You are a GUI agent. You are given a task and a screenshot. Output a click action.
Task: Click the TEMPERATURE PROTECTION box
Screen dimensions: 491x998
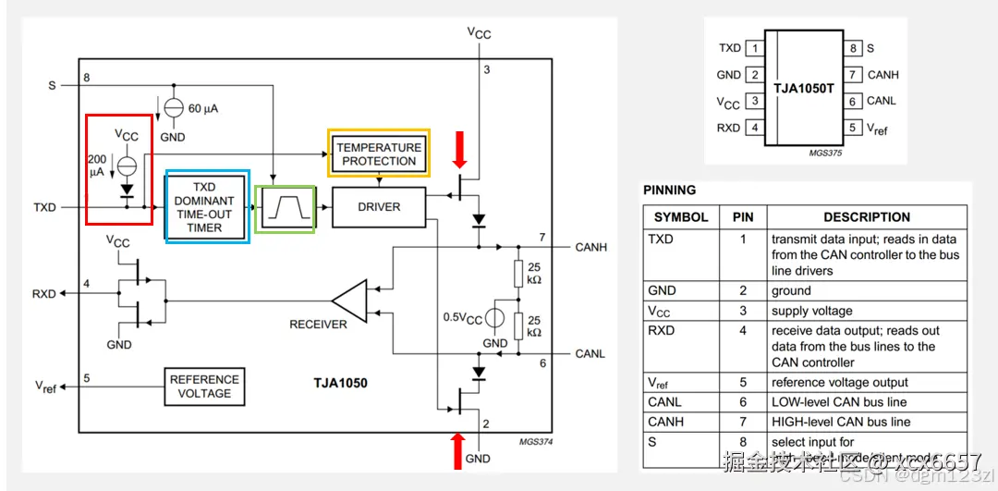pos(379,153)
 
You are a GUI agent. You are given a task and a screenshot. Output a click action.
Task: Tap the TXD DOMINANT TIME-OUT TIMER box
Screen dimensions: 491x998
pos(207,206)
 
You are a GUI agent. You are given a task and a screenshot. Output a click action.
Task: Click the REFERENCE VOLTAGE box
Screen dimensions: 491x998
pos(204,386)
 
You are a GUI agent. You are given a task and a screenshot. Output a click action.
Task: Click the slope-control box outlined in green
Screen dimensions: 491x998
pos(285,208)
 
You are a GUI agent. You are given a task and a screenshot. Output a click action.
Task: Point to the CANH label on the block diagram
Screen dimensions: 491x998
pos(590,247)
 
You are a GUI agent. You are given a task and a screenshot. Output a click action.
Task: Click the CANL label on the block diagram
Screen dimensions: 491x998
pos(590,353)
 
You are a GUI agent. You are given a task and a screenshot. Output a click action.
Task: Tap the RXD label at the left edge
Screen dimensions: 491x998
pos(44,294)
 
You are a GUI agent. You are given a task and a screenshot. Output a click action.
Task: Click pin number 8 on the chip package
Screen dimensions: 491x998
pos(855,48)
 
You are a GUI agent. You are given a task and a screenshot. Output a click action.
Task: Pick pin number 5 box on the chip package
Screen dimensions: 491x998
pos(855,127)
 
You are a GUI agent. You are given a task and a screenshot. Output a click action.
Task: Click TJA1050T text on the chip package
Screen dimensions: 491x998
pos(805,87)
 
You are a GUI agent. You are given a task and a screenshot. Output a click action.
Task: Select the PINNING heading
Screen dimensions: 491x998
pos(670,190)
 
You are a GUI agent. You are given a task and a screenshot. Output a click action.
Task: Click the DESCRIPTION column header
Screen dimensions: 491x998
pos(867,217)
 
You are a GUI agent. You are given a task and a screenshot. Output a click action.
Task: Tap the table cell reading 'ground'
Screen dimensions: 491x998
pos(791,290)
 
